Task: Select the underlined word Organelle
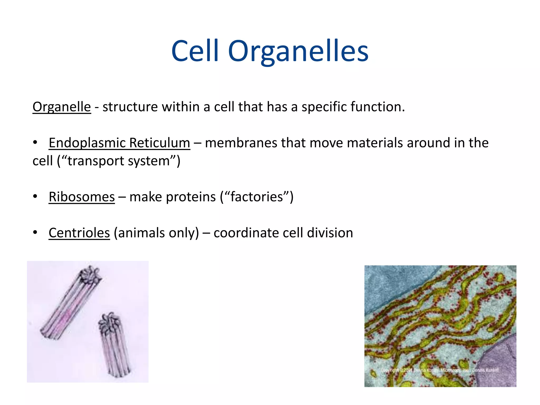[x=62, y=107]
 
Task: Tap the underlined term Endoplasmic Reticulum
[x=119, y=143]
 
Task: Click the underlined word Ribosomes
[x=82, y=197]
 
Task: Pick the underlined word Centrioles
[x=79, y=233]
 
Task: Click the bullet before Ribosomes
[x=35, y=196]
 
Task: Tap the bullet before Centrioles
[x=35, y=233]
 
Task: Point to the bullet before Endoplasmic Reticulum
[x=35, y=142]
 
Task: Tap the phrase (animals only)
[x=156, y=233]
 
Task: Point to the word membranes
[x=241, y=143]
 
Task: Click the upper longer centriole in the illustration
[x=71, y=303]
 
